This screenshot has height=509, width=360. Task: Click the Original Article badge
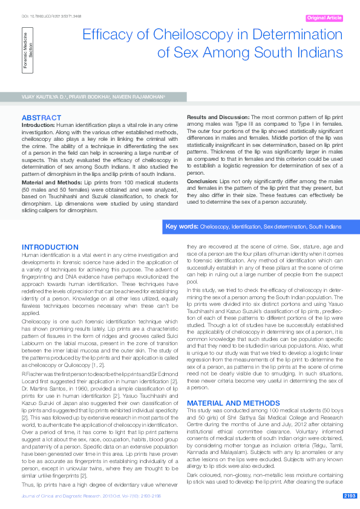coord(324,18)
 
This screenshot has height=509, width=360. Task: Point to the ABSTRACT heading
coord(41,117)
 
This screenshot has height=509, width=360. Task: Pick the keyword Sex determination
coord(284,226)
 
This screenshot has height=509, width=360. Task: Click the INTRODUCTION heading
coord(50,247)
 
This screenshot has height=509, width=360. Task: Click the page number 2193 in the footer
coord(349,496)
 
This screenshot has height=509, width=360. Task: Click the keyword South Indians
coord(325,226)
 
